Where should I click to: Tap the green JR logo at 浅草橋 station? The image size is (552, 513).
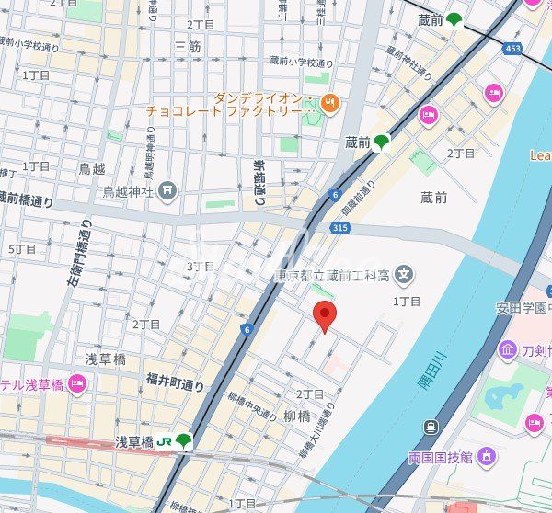[x=165, y=441]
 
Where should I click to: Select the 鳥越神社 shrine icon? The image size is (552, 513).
[x=167, y=190]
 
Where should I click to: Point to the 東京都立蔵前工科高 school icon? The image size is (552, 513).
[x=404, y=273]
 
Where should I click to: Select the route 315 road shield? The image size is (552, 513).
[x=339, y=227]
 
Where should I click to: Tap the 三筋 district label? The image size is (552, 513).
[x=187, y=46]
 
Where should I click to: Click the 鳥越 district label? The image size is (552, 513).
[x=91, y=168]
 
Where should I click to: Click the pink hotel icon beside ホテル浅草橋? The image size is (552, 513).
[x=77, y=383]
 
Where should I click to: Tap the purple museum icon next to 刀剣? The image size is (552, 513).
[x=509, y=349]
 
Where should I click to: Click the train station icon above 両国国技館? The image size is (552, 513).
[x=431, y=427]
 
